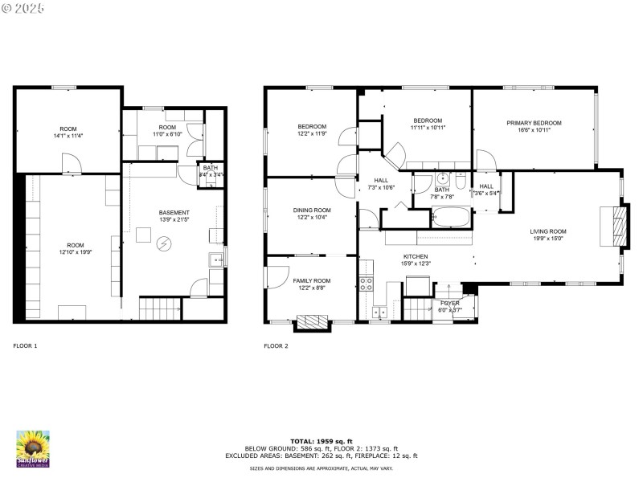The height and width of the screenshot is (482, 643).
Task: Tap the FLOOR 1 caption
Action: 25,346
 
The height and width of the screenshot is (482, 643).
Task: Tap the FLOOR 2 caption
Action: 276,346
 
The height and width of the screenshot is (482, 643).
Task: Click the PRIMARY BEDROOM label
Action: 534,123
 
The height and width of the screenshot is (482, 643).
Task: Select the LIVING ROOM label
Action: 548,231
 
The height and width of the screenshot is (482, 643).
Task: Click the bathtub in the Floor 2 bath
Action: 454,217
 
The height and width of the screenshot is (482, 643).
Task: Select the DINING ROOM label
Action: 311,210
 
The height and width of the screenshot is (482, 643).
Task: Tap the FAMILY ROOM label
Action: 311,280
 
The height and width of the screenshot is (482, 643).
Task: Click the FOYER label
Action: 449,303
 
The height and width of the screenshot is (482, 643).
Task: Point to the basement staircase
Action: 160,308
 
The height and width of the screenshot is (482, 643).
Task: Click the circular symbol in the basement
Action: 164,242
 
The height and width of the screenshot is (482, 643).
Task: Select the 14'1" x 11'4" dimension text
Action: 68,136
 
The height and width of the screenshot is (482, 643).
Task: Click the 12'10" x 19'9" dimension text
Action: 76,252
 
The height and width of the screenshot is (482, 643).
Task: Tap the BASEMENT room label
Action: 174,213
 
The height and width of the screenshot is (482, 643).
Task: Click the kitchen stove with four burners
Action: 366,283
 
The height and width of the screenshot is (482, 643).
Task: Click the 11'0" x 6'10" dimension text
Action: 167,134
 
